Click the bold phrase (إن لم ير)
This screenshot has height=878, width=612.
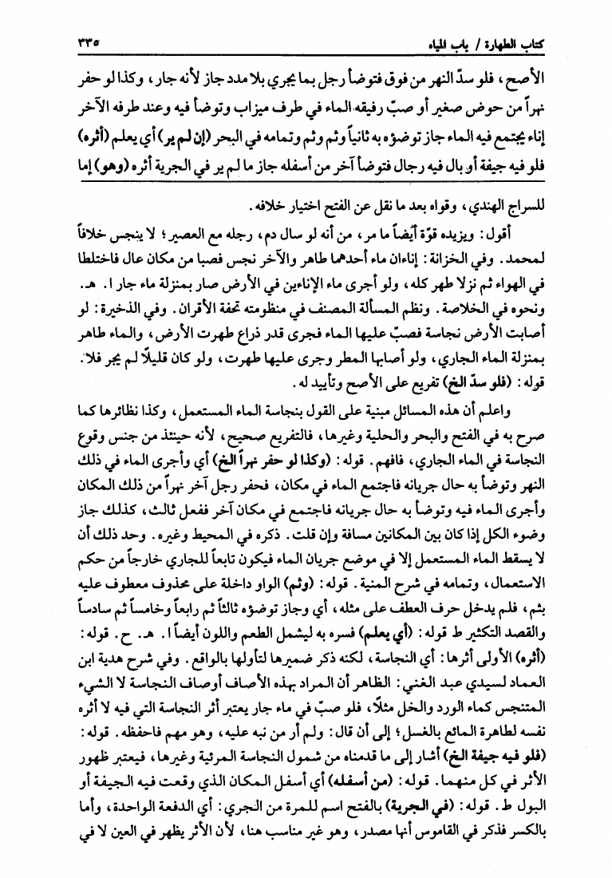[x=160, y=129]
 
